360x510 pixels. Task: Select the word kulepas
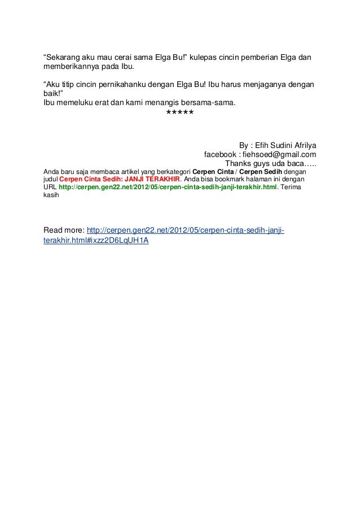(204, 59)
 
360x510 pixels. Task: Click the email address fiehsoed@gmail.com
(279, 154)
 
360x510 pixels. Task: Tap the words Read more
(63, 230)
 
